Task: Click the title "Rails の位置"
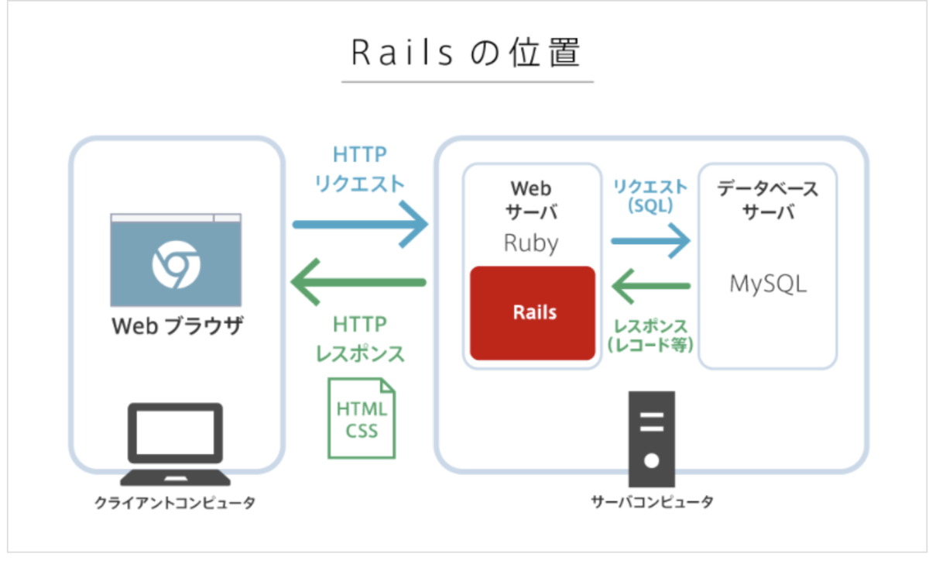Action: point(467,54)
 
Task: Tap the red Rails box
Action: point(533,313)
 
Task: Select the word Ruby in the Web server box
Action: point(531,243)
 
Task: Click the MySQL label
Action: point(768,284)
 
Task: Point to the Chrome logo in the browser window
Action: point(176,263)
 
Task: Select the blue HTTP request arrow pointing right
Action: point(360,225)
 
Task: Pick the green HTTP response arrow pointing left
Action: point(358,282)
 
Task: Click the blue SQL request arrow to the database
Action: point(650,240)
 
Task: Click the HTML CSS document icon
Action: point(362,418)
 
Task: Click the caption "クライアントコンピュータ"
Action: point(175,504)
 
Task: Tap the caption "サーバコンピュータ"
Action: point(652,502)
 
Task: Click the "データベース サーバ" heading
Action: point(767,201)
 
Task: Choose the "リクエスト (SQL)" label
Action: point(650,195)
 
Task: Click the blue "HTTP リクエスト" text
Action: point(359,169)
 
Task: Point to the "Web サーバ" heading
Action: point(531,201)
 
